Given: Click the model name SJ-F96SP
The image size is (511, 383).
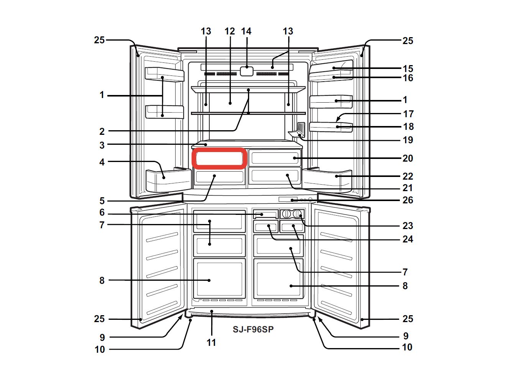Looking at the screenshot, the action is (x=253, y=329).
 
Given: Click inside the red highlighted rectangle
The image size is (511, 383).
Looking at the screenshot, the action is (x=219, y=158).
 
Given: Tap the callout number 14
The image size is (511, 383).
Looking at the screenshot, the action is (x=246, y=31).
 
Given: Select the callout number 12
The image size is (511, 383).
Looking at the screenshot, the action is (x=230, y=31).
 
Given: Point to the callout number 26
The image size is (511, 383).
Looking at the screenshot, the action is (x=407, y=200).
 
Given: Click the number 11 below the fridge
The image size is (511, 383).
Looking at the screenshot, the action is (x=211, y=342).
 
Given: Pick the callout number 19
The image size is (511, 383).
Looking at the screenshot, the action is (x=407, y=140).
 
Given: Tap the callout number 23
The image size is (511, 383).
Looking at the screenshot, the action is (x=407, y=226).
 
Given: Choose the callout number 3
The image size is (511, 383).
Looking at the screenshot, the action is (x=102, y=145).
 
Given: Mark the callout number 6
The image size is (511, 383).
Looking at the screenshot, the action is (x=102, y=213).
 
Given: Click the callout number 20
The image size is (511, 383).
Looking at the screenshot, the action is (x=407, y=158).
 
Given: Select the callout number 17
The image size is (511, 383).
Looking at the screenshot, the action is (x=408, y=114).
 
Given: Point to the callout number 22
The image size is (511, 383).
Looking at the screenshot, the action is (x=407, y=176).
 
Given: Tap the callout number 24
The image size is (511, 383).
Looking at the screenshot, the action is (x=407, y=239).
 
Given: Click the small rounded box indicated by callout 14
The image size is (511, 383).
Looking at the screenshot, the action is (x=247, y=71).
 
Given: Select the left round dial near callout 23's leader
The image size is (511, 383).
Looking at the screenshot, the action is (x=287, y=214).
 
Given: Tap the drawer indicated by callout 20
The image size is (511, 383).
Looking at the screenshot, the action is (x=274, y=158).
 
